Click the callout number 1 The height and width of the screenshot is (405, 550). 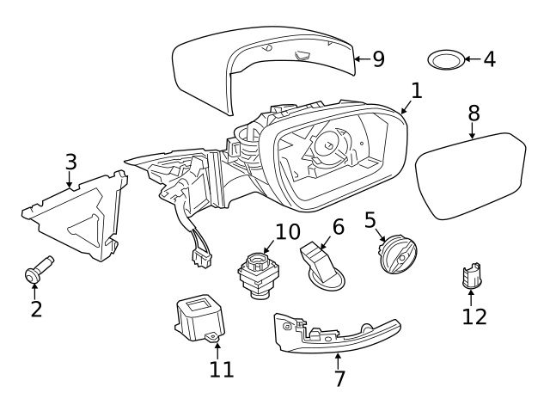pyautogui.click(x=416, y=89)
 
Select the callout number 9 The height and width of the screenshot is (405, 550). pyautogui.click(x=377, y=59)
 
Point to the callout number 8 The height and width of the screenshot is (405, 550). pyautogui.click(x=474, y=114)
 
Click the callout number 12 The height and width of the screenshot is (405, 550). pyautogui.click(x=474, y=316)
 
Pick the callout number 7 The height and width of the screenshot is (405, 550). pyautogui.click(x=339, y=377)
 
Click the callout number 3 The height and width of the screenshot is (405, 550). pyautogui.click(x=71, y=161)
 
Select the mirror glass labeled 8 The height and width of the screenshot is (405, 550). pyautogui.click(x=471, y=177)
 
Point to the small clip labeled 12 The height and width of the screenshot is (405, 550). pyautogui.click(x=471, y=276)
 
